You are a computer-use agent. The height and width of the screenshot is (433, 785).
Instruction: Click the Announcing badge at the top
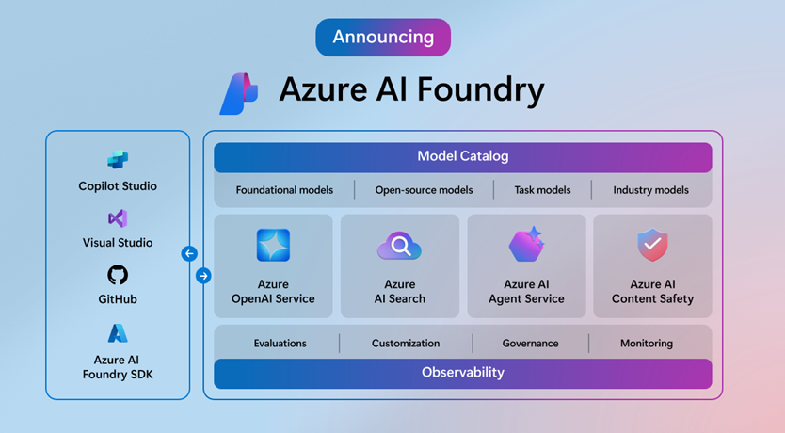[383, 38]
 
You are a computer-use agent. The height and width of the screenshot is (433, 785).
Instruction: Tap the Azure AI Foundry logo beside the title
[238, 93]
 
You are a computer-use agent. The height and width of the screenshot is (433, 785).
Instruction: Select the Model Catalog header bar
[462, 156]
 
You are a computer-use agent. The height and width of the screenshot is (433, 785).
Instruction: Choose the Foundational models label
[284, 190]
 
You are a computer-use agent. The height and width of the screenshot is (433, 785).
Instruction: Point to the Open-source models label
[424, 190]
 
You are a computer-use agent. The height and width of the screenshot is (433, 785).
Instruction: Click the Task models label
[542, 190]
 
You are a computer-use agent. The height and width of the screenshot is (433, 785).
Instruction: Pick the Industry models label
[651, 190]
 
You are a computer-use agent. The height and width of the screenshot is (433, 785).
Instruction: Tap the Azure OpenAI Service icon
[273, 245]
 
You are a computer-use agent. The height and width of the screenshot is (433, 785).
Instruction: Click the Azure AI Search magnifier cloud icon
[399, 247]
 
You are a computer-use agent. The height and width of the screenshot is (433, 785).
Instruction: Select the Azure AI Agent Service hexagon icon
[526, 245]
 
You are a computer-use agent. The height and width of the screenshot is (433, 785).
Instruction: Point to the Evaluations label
[280, 344]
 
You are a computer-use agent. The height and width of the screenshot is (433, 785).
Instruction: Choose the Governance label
[530, 344]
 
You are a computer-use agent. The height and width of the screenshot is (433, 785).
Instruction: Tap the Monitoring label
[646, 344]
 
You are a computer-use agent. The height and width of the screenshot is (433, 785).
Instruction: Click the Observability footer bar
[462, 373]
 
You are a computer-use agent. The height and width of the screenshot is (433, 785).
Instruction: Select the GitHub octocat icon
[118, 275]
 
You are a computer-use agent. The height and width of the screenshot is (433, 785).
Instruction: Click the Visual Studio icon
[118, 218]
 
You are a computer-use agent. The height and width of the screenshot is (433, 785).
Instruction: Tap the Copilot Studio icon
[118, 160]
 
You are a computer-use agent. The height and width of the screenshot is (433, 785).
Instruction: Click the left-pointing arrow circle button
[189, 253]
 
